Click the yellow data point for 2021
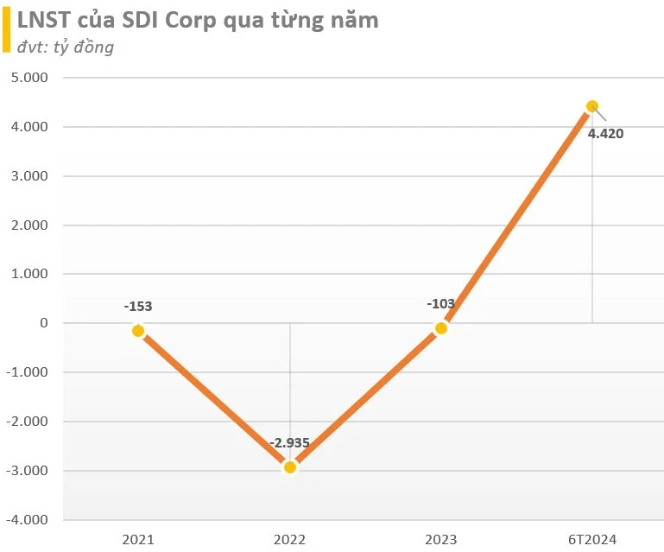(138, 331)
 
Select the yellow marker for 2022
(290, 467)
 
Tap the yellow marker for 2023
(441, 328)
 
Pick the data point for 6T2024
(592, 106)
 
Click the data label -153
(138, 306)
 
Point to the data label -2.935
(289, 442)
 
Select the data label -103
(441, 303)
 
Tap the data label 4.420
(605, 133)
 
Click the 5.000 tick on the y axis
(29, 78)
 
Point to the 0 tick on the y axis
(44, 323)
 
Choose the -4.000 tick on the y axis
(27, 520)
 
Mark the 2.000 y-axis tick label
(29, 225)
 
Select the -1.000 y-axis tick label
(27, 372)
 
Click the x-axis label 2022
(289, 540)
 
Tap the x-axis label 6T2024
(592, 540)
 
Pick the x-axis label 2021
(138, 540)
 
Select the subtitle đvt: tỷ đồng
(66, 47)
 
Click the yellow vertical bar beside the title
(6, 29)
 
